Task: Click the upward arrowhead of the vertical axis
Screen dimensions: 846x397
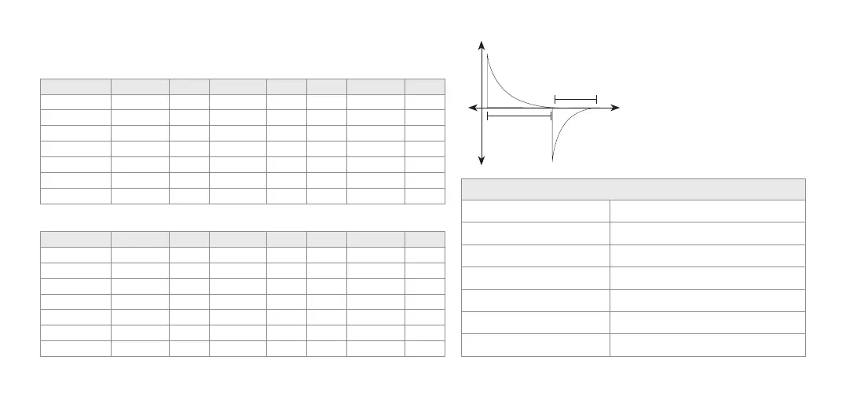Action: [481, 44]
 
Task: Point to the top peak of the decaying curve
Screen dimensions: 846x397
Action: [487, 54]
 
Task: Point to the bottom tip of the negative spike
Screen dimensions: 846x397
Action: [553, 160]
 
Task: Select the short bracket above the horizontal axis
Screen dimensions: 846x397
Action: [576, 99]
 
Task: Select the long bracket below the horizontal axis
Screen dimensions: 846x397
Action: [519, 116]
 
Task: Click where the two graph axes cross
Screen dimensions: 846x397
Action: [481, 108]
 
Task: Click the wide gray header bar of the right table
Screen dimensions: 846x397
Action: [633, 189]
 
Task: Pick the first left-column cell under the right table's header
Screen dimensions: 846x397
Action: [536, 211]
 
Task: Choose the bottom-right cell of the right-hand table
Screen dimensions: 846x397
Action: [707, 345]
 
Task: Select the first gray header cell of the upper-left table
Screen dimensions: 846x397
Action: [75, 86]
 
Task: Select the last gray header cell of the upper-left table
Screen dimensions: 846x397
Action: [425, 86]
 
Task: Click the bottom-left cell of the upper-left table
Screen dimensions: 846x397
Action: [75, 196]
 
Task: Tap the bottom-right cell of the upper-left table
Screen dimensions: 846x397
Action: [425, 196]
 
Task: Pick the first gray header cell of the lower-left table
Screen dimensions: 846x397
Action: [75, 239]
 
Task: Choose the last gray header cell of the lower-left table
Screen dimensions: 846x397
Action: [425, 239]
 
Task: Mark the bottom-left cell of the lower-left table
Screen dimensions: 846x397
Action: [75, 348]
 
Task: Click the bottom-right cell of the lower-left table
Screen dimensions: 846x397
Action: [425, 348]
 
